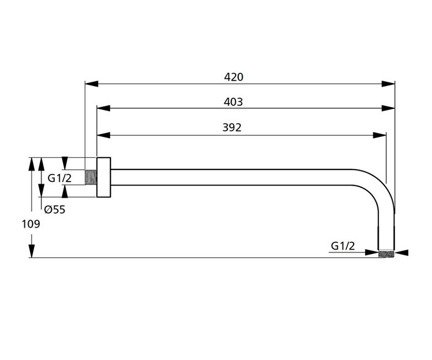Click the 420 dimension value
point(234,77)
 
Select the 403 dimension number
point(234,102)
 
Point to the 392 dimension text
point(232,128)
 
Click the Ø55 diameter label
point(55,210)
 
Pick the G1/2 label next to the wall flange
point(60,178)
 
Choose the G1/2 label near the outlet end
point(343,246)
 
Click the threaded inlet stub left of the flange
point(91,177)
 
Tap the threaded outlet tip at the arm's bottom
point(386,253)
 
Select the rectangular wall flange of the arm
point(103,177)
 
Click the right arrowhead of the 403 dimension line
point(389,108)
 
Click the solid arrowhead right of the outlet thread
point(402,253)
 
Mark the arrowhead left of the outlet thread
point(372,253)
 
